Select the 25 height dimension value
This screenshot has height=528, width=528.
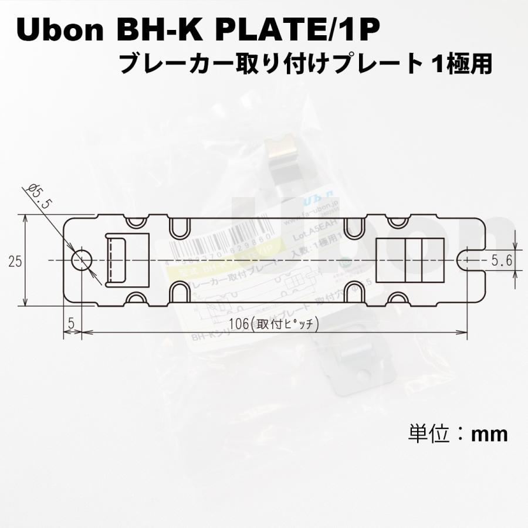pos(15,261)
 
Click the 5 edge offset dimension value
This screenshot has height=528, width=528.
pos(71,323)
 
